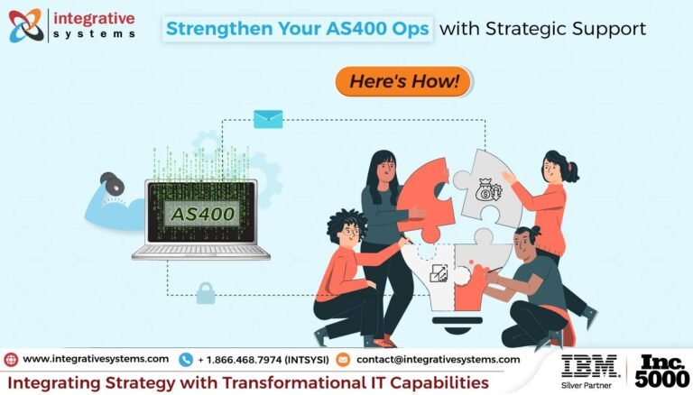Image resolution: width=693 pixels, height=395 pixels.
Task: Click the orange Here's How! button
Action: click(403, 81)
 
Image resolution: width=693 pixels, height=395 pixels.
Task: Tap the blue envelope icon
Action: click(268, 119)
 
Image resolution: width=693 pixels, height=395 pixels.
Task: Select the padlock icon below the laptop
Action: click(206, 293)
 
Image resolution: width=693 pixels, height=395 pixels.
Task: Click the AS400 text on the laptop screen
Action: click(203, 214)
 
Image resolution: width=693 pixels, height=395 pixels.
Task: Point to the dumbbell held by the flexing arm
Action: click(113, 183)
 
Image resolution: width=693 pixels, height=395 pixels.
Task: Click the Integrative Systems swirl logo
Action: click(26, 25)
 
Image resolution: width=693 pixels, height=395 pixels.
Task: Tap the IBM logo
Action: click(589, 366)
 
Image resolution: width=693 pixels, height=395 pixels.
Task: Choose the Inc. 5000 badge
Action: click(661, 371)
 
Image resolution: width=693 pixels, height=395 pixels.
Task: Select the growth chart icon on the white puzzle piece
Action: click(439, 273)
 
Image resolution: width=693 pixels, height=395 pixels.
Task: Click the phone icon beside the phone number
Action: click(186, 360)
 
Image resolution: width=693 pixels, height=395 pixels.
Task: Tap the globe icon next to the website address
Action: click(11, 360)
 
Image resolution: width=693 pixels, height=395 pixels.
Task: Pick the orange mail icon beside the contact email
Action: click(343, 360)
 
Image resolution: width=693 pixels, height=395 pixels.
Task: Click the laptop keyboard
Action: click(201, 251)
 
